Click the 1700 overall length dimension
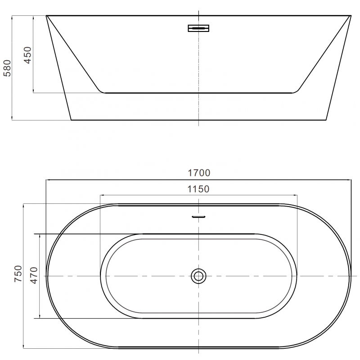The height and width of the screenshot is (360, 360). point(198,172)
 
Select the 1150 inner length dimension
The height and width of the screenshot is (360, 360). point(198,189)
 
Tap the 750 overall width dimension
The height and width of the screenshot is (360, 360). point(18,274)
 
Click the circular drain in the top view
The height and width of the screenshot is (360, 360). point(198,275)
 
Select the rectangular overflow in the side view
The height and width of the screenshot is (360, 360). point(198,28)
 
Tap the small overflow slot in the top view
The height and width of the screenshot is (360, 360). point(198,216)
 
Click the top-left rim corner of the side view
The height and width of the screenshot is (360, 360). point(46,16)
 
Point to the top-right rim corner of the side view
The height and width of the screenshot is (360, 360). point(351,16)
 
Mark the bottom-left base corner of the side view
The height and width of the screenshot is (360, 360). point(71,120)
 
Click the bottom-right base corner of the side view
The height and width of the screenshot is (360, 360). point(325,120)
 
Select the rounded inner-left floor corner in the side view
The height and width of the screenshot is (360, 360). point(103,92)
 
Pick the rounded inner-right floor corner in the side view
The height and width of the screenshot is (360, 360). point(295,92)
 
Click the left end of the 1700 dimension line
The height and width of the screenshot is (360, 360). point(46,179)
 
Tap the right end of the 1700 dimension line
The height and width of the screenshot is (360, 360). point(351,179)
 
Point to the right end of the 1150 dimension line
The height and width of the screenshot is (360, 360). point(297,195)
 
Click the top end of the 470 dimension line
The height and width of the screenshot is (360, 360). point(40,234)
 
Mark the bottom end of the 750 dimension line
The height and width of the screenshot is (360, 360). point(24,348)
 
